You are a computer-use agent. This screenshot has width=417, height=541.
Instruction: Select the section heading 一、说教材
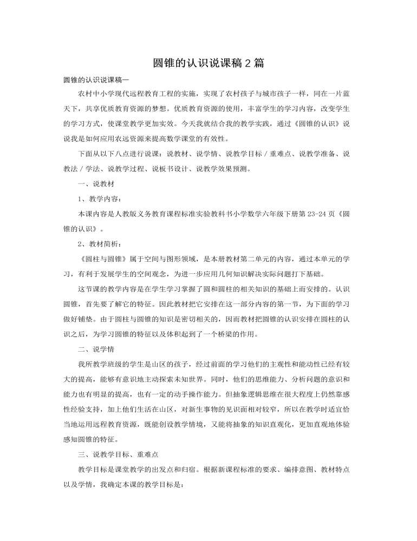(x=96, y=184)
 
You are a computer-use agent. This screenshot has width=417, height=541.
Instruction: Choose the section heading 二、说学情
(x=96, y=349)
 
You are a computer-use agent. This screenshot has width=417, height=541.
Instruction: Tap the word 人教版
(x=123, y=214)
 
